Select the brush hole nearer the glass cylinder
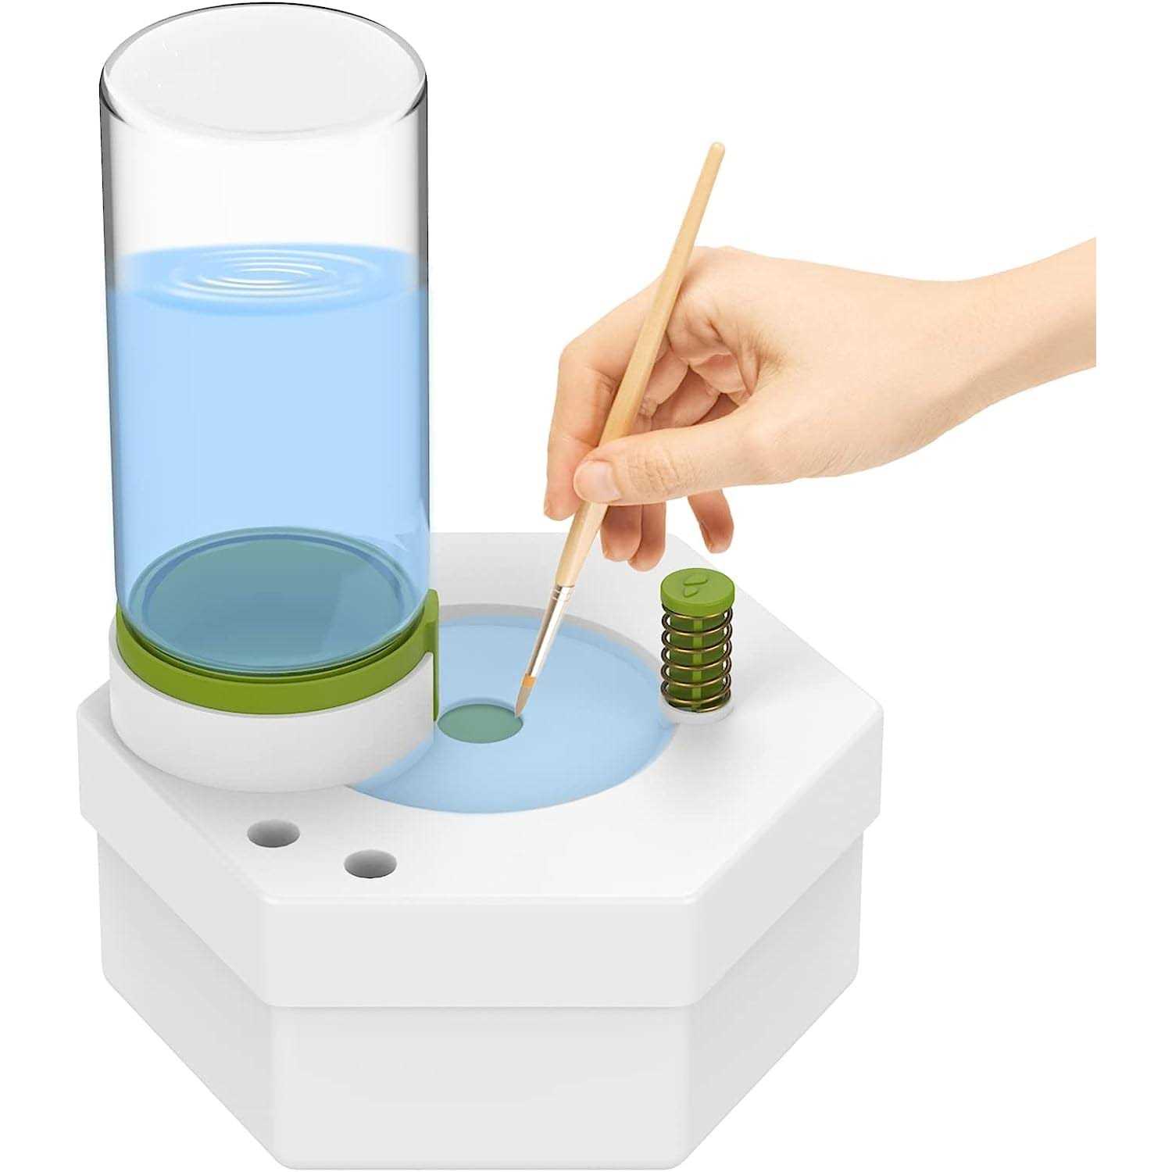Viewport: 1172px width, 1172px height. click(x=273, y=833)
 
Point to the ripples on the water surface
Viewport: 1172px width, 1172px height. click(x=266, y=273)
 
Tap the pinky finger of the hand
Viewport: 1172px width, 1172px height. click(x=713, y=523)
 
